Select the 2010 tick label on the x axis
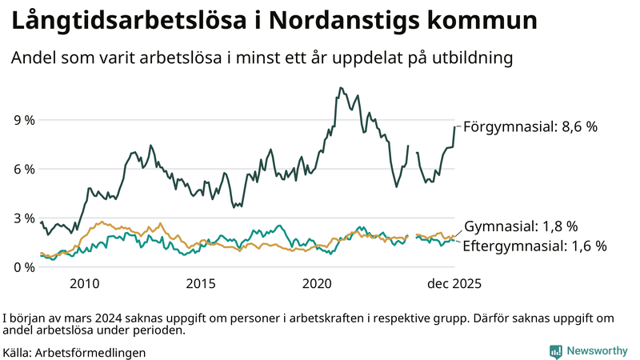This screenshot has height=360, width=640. tap(85, 284)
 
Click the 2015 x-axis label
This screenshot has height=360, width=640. tap(201, 284)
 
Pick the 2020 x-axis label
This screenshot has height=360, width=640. tap(317, 284)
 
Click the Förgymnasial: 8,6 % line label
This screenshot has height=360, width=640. tap(530, 126)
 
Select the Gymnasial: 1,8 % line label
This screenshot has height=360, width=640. tap(521, 226)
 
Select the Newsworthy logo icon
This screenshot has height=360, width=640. tap(554, 351)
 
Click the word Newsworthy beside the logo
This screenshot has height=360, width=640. tap(597, 351)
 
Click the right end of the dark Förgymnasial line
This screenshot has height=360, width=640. tap(454, 126)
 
